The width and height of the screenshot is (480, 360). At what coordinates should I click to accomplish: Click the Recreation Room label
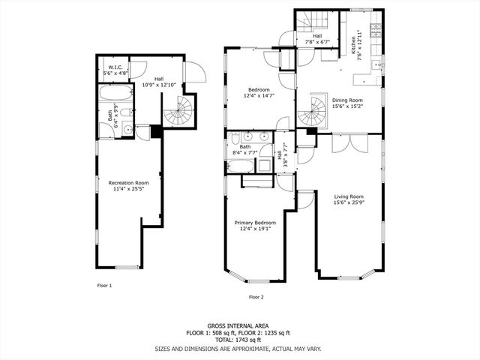point(128,183)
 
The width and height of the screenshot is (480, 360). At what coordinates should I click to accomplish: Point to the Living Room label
point(347,196)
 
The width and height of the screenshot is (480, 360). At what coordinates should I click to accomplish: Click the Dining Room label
point(347,100)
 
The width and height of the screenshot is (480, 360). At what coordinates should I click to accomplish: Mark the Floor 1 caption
point(104,286)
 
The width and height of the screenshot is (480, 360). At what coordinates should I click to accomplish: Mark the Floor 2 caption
point(256,297)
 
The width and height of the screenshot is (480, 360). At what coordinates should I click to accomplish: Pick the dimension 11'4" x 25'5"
point(128,189)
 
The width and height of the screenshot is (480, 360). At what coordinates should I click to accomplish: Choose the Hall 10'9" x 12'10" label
point(159,82)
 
